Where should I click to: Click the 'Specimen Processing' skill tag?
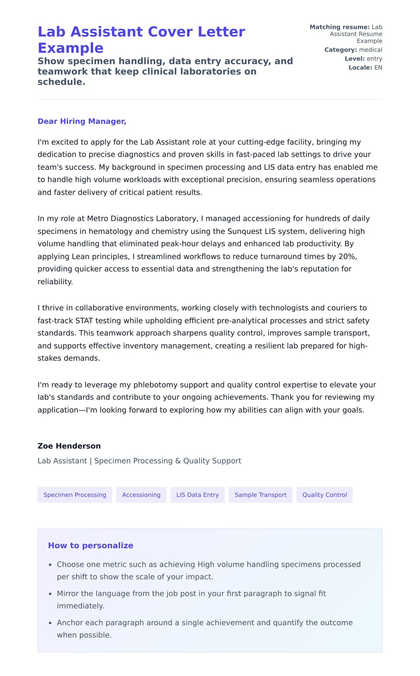(x=75, y=495)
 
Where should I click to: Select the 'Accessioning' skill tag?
(x=141, y=495)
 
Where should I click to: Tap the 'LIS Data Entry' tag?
(x=197, y=495)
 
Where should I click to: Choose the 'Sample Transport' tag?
(x=260, y=495)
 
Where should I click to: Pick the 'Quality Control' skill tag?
(x=324, y=495)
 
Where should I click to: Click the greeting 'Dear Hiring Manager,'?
(x=82, y=121)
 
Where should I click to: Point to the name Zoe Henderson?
(x=69, y=446)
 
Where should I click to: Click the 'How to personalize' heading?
(x=91, y=545)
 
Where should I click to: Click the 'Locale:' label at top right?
(x=360, y=67)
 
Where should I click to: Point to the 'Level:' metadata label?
(x=355, y=59)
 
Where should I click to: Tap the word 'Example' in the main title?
(x=70, y=48)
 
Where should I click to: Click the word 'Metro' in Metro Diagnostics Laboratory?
(x=97, y=218)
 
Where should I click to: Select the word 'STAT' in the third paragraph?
(x=84, y=321)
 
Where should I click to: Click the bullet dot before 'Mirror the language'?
(x=50, y=594)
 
